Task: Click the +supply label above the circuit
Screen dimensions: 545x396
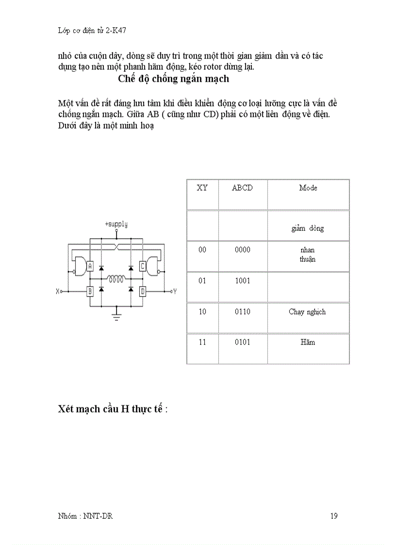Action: [116, 224]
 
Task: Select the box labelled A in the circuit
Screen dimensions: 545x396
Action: [90, 266]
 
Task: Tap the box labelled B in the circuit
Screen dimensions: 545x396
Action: [90, 292]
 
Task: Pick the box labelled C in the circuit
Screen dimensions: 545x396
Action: [142, 266]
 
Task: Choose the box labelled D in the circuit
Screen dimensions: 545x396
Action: [142, 292]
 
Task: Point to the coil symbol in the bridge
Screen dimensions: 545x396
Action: [116, 279]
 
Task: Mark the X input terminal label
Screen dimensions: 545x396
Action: [58, 292]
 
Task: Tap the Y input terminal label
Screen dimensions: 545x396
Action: [175, 292]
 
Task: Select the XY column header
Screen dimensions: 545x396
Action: [202, 188]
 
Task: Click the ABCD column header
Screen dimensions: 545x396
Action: [242, 188]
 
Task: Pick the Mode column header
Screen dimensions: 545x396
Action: [308, 188]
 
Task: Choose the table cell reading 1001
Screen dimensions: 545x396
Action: [242, 281]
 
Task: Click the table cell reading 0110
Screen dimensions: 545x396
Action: [242, 312]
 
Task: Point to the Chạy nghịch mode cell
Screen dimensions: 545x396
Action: [307, 312]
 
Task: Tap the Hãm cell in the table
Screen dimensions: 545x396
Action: [308, 342]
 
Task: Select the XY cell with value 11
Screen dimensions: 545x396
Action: [202, 342]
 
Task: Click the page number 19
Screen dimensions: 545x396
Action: [334, 516]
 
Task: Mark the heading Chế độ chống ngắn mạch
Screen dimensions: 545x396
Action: [173, 79]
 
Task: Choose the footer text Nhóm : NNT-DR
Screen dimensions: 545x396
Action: [85, 516]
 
